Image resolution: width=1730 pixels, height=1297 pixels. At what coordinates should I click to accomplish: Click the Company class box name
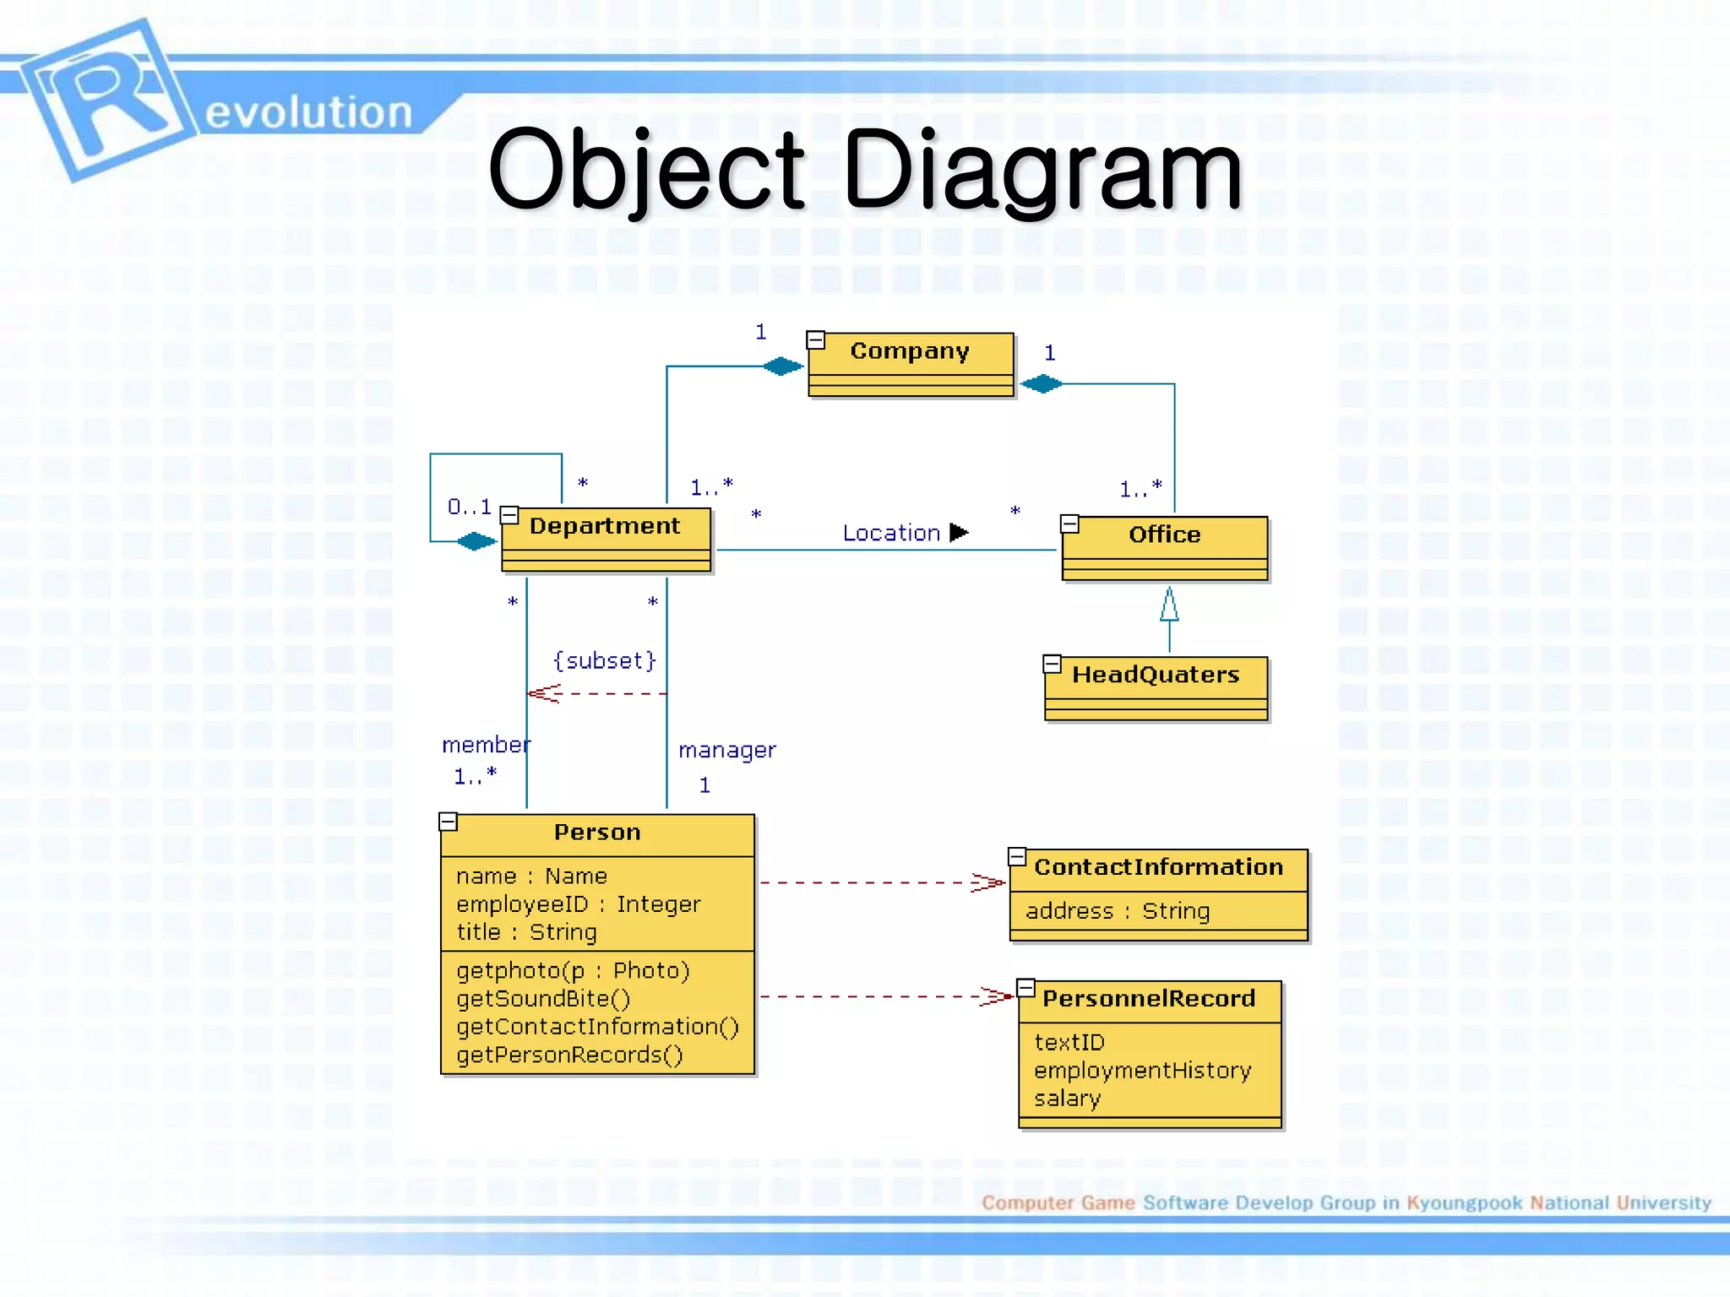tap(909, 350)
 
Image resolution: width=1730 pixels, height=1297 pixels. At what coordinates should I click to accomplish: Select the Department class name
tap(604, 526)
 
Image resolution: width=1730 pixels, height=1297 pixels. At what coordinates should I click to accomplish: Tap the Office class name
tap(1164, 535)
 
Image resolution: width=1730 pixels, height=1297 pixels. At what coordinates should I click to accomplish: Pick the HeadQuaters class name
tap(1156, 675)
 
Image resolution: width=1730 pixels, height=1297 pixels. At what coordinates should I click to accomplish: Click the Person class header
tap(597, 833)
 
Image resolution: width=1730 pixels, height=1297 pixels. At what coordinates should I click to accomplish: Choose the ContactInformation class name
tap(1158, 867)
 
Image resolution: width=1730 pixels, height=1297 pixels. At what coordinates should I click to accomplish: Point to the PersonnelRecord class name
tap(1149, 999)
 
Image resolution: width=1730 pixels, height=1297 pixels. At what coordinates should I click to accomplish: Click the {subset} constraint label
tap(605, 660)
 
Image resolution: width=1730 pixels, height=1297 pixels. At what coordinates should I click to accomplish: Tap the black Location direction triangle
tap(958, 533)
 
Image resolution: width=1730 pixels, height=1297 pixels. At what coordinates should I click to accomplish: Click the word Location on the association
tap(891, 534)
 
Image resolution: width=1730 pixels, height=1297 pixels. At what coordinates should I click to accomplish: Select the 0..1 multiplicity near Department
tap(470, 507)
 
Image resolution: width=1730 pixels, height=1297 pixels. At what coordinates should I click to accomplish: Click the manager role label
tap(726, 750)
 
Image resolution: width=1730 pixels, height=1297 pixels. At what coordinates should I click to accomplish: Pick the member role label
tap(486, 745)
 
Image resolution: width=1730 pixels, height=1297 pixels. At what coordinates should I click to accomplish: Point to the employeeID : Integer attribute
tap(579, 904)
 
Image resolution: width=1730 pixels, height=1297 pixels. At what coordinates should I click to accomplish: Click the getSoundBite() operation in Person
tap(543, 999)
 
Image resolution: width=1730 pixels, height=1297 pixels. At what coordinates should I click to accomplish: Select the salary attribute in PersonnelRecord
tap(1068, 1099)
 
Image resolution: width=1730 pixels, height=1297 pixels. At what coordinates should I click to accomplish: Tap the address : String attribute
tap(1118, 911)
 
